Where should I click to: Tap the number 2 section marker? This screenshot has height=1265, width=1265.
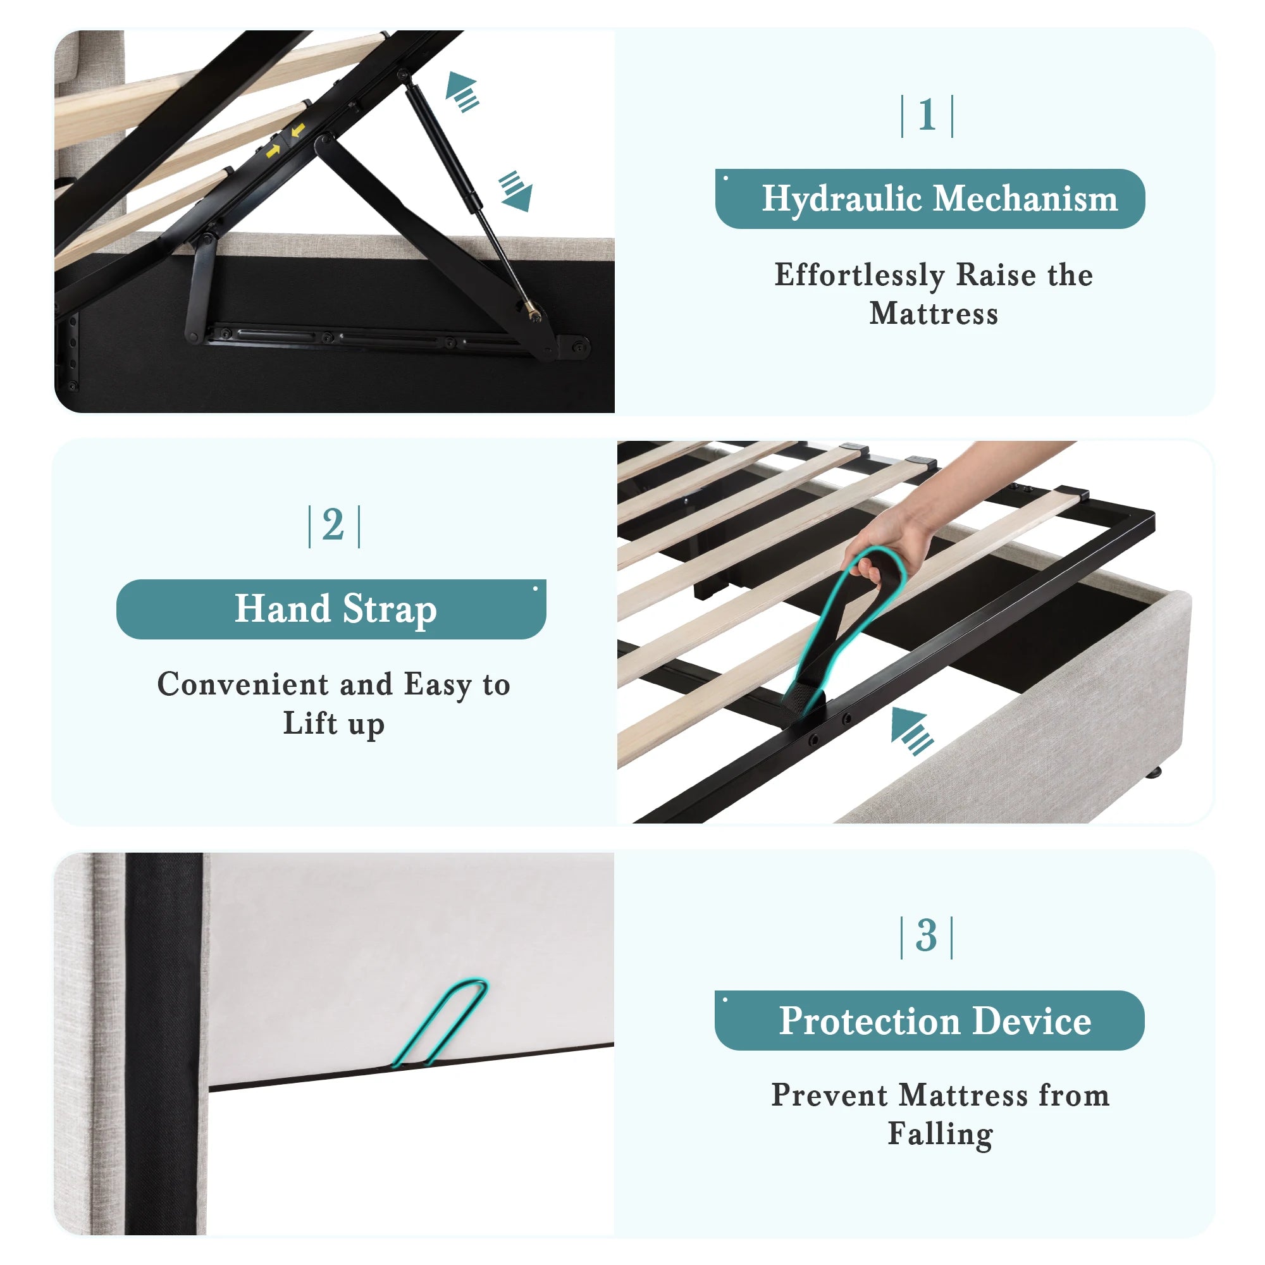[x=333, y=525]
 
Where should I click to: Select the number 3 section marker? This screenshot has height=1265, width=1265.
[x=927, y=935]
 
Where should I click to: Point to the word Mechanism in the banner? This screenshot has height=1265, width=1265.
[x=1025, y=199]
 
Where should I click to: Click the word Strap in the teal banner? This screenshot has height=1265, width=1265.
[x=390, y=610]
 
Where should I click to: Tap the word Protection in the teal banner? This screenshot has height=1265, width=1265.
[x=870, y=1021]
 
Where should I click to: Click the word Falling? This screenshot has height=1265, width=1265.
[x=941, y=1134]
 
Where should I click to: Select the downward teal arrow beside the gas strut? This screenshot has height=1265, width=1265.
[x=516, y=191]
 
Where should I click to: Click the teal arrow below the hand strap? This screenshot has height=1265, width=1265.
[x=912, y=731]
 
